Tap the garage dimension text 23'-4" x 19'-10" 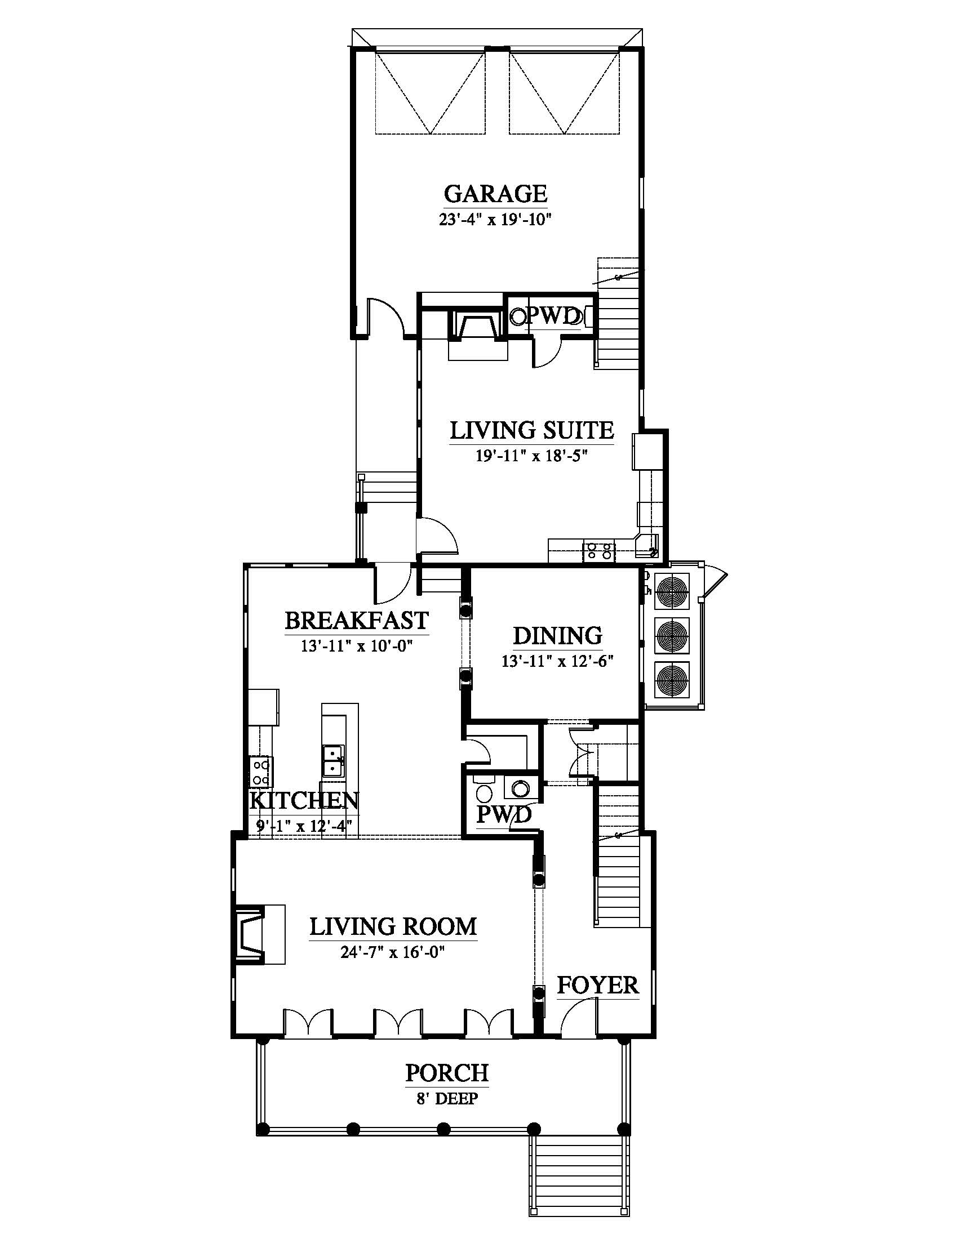point(495,220)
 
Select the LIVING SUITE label point(532,431)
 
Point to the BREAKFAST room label point(356,621)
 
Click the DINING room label point(558,636)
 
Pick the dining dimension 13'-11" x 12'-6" point(558,662)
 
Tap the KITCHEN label point(304,800)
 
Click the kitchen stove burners point(261,772)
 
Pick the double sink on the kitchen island point(334,761)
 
